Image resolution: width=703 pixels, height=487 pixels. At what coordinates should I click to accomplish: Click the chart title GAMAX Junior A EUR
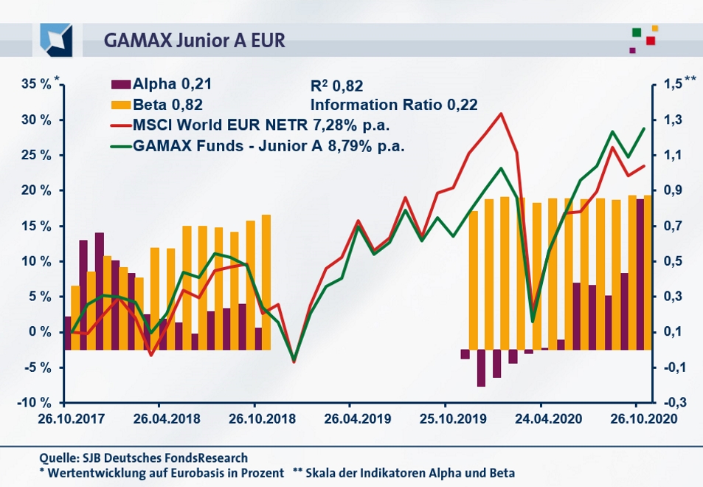point(194,40)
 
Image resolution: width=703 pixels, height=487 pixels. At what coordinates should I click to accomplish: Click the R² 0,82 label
point(338,86)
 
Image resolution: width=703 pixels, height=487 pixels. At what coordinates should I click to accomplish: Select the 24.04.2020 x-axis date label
point(540,418)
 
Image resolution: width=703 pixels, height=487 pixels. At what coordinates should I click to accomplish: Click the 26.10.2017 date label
point(64,418)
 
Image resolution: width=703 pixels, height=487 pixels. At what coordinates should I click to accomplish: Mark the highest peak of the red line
point(501,114)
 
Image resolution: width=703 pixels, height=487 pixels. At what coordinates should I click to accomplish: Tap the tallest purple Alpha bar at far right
point(640,273)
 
